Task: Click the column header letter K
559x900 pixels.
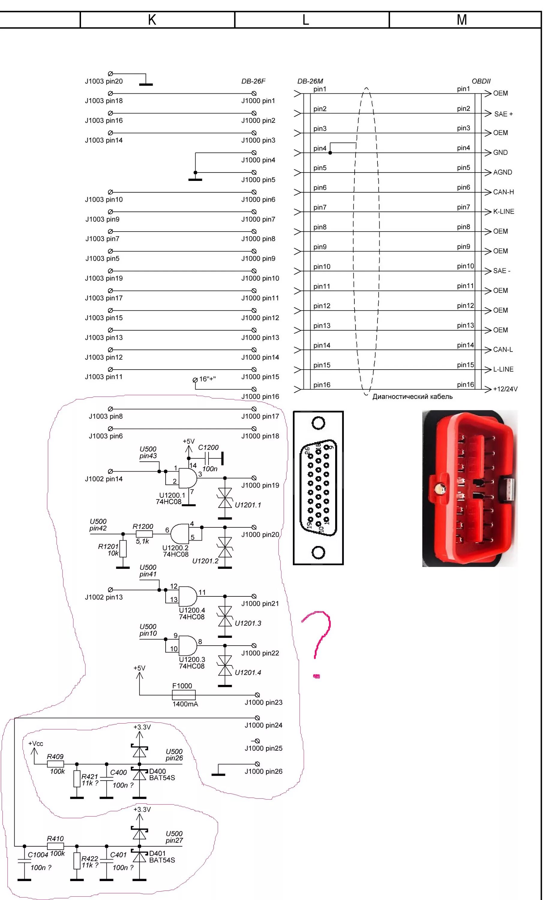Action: [x=152, y=20]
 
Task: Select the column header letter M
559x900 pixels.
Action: [x=461, y=20]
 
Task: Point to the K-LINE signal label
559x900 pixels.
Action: [x=503, y=212]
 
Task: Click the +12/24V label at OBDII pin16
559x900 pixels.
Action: [x=505, y=389]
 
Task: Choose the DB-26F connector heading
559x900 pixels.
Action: [x=253, y=81]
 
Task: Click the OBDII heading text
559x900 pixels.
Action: [x=481, y=81]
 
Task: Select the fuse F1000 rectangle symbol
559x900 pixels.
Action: [x=184, y=695]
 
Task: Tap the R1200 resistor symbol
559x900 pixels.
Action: [x=144, y=534]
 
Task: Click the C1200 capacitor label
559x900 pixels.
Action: [x=208, y=448]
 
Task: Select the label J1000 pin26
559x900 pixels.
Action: [x=263, y=771]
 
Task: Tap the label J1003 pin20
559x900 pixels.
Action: [x=104, y=81]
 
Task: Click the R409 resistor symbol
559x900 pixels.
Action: [x=56, y=764]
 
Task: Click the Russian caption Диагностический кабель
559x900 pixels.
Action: [x=412, y=397]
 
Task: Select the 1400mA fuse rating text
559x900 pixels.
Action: [x=185, y=704]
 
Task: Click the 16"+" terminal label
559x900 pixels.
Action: [x=207, y=379]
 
